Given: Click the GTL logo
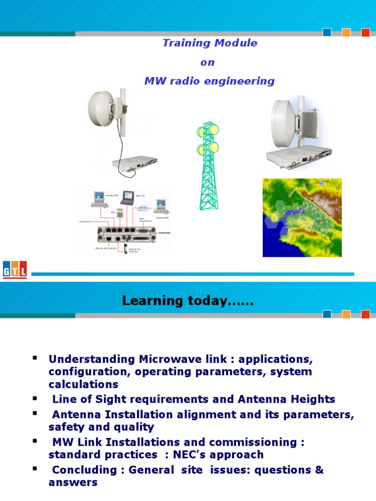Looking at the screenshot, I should (15, 270).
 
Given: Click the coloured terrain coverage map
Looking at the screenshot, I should (302, 217).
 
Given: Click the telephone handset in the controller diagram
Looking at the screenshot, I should (126, 248).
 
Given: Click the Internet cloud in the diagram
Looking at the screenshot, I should (143, 208).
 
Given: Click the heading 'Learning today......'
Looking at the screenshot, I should (188, 301).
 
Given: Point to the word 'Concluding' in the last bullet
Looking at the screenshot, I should (81, 470).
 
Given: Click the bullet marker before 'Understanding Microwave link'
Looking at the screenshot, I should (35, 358).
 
